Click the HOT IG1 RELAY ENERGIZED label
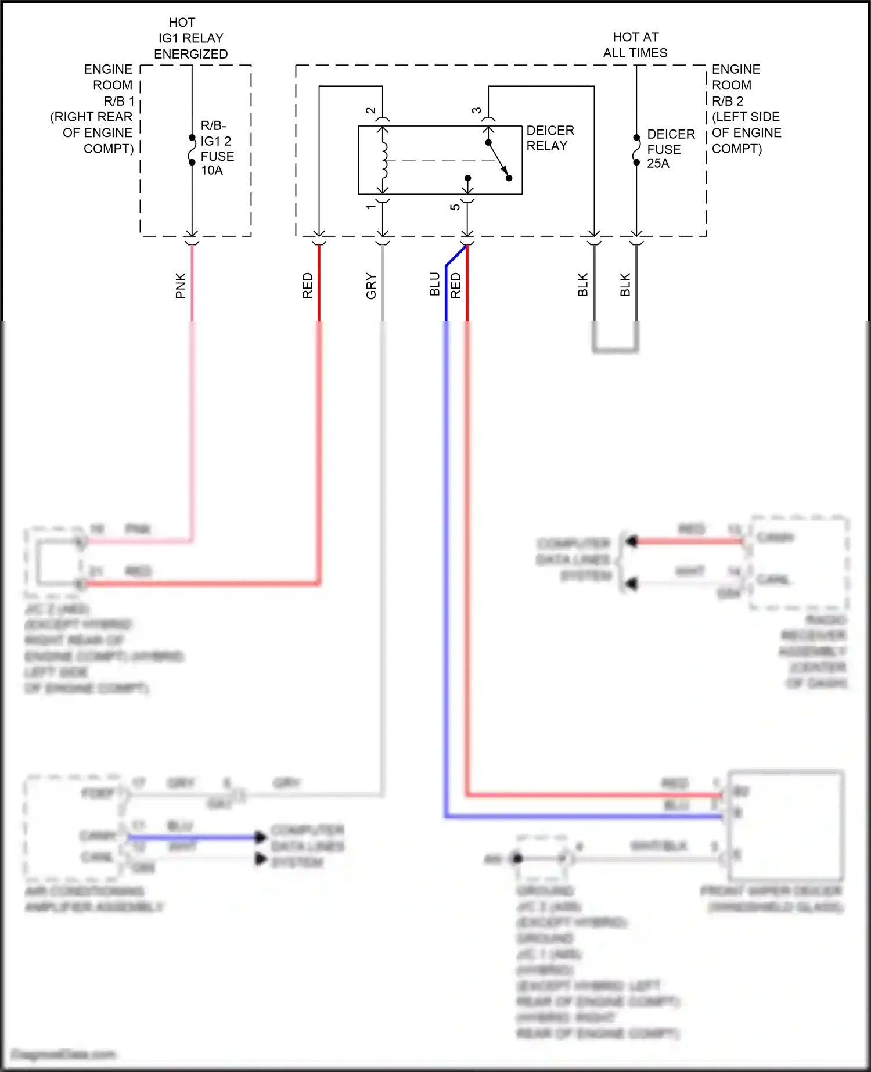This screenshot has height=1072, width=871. click(x=190, y=38)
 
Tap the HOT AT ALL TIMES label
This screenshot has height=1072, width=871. click(x=635, y=45)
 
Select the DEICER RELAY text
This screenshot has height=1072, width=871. click(x=550, y=138)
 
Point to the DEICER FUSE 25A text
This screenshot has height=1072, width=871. click(x=670, y=149)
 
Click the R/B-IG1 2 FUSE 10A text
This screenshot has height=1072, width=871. click(x=217, y=148)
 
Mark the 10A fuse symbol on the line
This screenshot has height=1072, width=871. click(x=192, y=150)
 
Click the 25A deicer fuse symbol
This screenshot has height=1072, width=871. click(x=636, y=150)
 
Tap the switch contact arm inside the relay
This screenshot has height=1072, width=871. click(x=498, y=160)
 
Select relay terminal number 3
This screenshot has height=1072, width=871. click(x=477, y=110)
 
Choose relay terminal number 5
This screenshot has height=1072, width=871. click(x=455, y=207)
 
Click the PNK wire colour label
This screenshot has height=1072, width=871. click(x=181, y=286)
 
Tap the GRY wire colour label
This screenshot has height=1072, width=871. click(x=371, y=286)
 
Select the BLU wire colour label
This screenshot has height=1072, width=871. click(x=435, y=285)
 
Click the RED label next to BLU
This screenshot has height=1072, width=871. click(x=456, y=286)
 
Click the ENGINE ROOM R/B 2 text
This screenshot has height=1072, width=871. click(x=746, y=109)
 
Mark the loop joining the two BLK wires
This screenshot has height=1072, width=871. click(x=616, y=350)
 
